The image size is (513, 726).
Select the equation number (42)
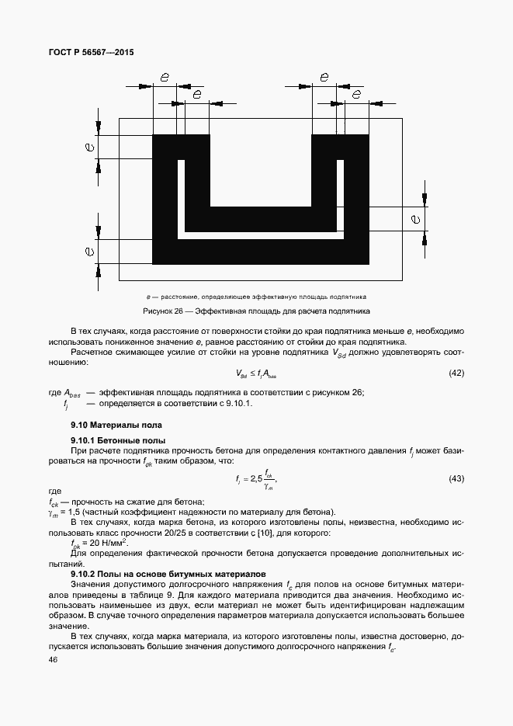click(456, 373)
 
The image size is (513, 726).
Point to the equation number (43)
click(456, 478)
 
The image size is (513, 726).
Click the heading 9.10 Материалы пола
click(116, 426)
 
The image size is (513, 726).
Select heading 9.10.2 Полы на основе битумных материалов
click(168, 573)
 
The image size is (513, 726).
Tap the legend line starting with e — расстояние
click(256, 297)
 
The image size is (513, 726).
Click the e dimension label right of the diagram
click(416, 220)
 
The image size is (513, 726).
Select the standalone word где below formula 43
click(54, 492)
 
